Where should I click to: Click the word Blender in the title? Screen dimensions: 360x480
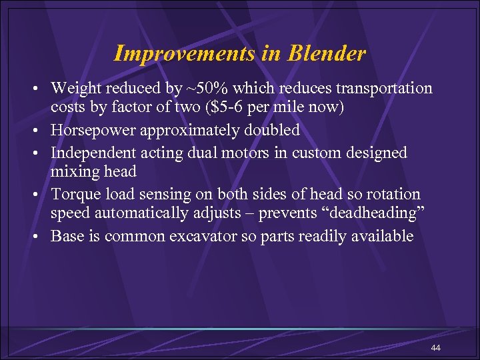click(327, 53)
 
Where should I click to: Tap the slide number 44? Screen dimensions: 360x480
click(436, 349)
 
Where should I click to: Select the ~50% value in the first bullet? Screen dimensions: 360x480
click(201, 88)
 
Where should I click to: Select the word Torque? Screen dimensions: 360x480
click(73, 194)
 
